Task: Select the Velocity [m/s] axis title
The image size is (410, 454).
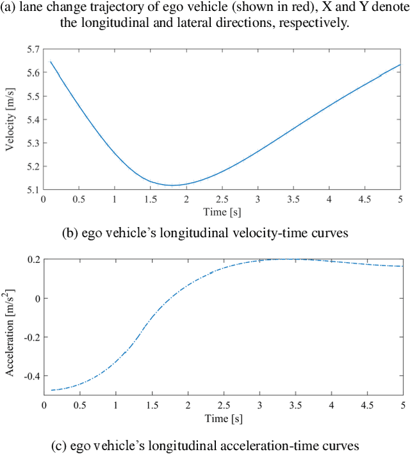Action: point(10,119)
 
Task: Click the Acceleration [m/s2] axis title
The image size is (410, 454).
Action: point(10,328)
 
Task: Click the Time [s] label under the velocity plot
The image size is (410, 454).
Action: point(222,212)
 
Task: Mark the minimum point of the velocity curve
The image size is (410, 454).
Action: point(172,185)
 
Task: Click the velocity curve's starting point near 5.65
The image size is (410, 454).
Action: point(51,62)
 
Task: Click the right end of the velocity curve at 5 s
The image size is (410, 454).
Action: point(400,64)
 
